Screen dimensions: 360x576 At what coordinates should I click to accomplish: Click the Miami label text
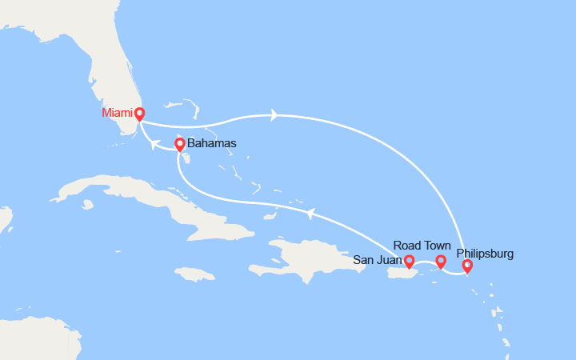[x=117, y=113]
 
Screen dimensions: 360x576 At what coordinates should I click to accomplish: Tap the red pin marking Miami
[x=139, y=114]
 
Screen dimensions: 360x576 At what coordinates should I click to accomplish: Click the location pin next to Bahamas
[x=179, y=145]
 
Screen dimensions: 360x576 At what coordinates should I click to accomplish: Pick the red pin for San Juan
[x=410, y=261]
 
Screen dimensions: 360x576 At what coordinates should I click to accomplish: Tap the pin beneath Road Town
[x=440, y=261]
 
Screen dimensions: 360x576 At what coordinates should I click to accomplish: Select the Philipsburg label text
[x=486, y=254]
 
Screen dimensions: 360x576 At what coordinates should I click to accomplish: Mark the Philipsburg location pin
[x=467, y=266]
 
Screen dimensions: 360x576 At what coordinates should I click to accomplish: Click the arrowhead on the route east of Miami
[x=274, y=115]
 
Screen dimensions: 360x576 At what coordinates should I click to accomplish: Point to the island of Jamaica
[x=194, y=274]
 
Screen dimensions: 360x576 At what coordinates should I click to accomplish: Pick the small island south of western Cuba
[x=87, y=204]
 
